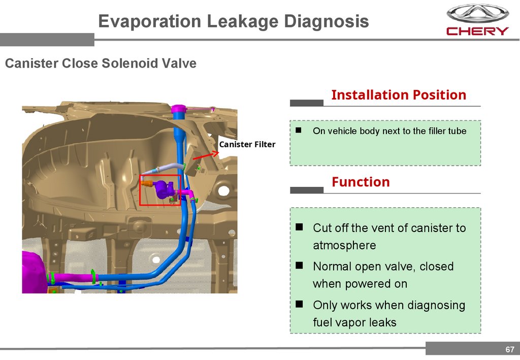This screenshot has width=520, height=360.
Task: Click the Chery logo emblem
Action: [x=477, y=14]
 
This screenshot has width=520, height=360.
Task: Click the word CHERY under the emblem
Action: [x=477, y=31]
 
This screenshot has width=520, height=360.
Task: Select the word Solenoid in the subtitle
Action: [x=131, y=63]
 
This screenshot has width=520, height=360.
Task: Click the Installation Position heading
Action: [x=398, y=95]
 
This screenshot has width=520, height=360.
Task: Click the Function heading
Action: [x=361, y=182]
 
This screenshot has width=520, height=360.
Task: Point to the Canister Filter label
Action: [x=247, y=145]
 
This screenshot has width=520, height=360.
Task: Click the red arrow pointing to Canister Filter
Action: [x=202, y=155]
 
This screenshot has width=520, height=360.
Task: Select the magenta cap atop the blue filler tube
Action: [x=179, y=108]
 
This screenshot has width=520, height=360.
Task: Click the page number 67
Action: [x=509, y=349]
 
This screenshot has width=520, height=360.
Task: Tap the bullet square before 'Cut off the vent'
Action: [x=300, y=226]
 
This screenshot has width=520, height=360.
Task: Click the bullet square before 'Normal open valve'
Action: [x=300, y=265]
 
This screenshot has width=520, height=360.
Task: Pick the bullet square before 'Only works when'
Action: [x=300, y=304]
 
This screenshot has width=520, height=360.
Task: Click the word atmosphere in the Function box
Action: [x=344, y=245]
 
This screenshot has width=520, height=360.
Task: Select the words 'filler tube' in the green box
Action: [x=447, y=131]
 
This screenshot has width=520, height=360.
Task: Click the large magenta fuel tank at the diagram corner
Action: [x=34, y=272]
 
